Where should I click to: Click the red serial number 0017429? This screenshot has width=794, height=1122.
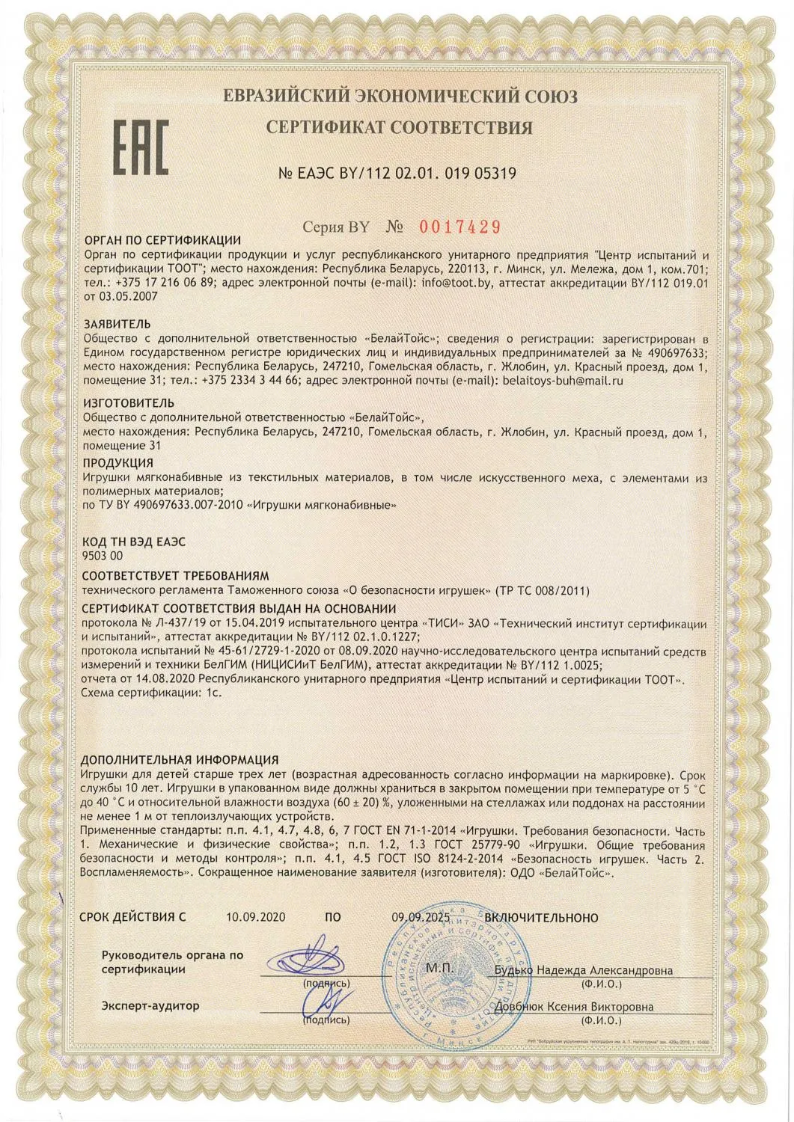click(x=457, y=226)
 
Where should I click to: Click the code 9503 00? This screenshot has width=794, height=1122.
click(x=103, y=555)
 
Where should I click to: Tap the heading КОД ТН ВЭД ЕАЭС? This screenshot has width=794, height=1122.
click(x=133, y=542)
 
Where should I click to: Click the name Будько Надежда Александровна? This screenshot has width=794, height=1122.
click(x=584, y=970)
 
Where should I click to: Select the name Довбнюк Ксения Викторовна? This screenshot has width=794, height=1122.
click(x=575, y=1007)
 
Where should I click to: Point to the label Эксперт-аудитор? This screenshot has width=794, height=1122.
click(x=150, y=1005)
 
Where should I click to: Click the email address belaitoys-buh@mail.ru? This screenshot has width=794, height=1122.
click(x=564, y=380)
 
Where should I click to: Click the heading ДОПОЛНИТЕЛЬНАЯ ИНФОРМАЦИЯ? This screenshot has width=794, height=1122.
click(x=179, y=760)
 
